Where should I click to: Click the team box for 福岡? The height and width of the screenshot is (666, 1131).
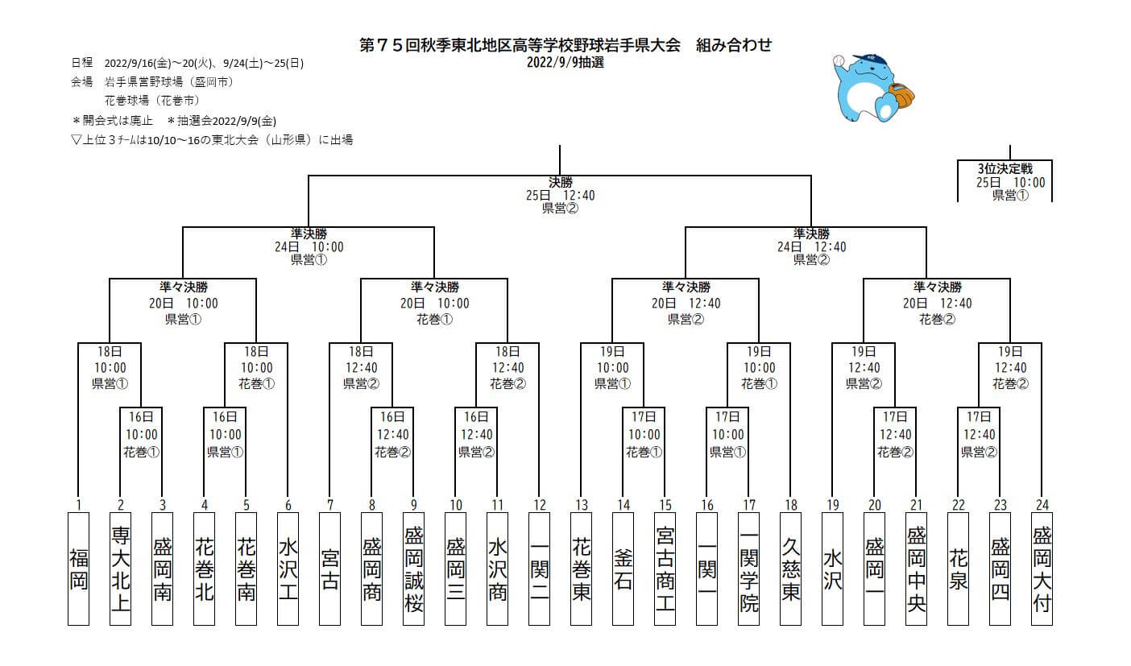click(x=78, y=568)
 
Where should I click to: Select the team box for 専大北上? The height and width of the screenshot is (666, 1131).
click(x=120, y=568)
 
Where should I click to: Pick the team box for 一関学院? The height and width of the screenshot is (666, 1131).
click(x=748, y=568)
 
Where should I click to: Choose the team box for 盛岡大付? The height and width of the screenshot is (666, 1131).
click(x=1042, y=568)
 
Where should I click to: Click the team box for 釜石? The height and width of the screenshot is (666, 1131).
click(x=623, y=568)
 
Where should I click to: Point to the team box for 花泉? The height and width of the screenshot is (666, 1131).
click(x=958, y=568)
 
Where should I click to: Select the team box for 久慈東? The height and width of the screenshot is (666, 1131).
click(x=790, y=568)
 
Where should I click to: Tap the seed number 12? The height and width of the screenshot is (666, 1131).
click(x=539, y=505)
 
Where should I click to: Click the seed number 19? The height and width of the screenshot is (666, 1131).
click(x=832, y=505)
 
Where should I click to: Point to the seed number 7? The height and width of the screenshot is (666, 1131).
click(x=329, y=505)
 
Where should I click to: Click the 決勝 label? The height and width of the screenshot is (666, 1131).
click(x=560, y=182)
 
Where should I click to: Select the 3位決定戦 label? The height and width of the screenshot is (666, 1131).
click(x=1004, y=169)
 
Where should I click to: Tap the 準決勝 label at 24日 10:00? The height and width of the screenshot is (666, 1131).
click(x=309, y=234)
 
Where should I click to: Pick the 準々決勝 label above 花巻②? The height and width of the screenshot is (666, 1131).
click(x=937, y=287)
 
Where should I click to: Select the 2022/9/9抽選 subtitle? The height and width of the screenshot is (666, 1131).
click(x=565, y=62)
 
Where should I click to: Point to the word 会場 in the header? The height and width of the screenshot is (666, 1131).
click(x=81, y=81)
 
